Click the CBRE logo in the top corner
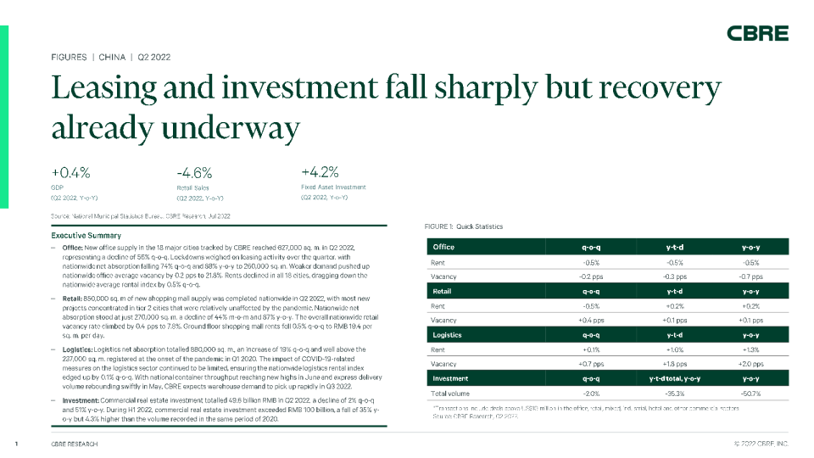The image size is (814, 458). coord(757,33)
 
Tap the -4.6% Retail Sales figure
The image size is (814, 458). coord(184,172)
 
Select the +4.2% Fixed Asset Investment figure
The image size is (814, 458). coord(321,172)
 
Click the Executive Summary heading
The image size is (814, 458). coord(86,235)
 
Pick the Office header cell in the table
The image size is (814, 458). coord(443,247)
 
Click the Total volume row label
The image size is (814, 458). coord(450,394)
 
